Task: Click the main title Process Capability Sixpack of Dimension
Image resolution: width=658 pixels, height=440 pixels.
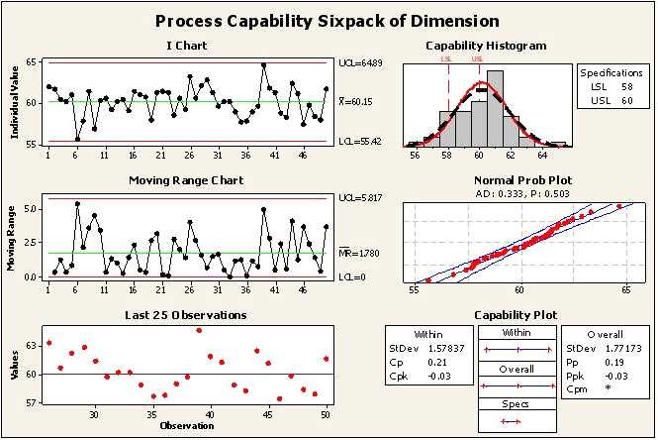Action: [x=328, y=21]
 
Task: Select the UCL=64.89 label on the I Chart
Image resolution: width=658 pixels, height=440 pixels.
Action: [x=358, y=62]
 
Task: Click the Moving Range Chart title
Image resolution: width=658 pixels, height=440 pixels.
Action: [x=186, y=180]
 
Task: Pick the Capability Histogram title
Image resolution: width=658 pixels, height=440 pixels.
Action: [x=485, y=46]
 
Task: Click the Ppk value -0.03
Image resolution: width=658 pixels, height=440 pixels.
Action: [x=611, y=376]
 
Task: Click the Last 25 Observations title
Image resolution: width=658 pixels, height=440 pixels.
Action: [x=185, y=315]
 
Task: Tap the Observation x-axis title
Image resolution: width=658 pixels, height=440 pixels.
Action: [x=186, y=426]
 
